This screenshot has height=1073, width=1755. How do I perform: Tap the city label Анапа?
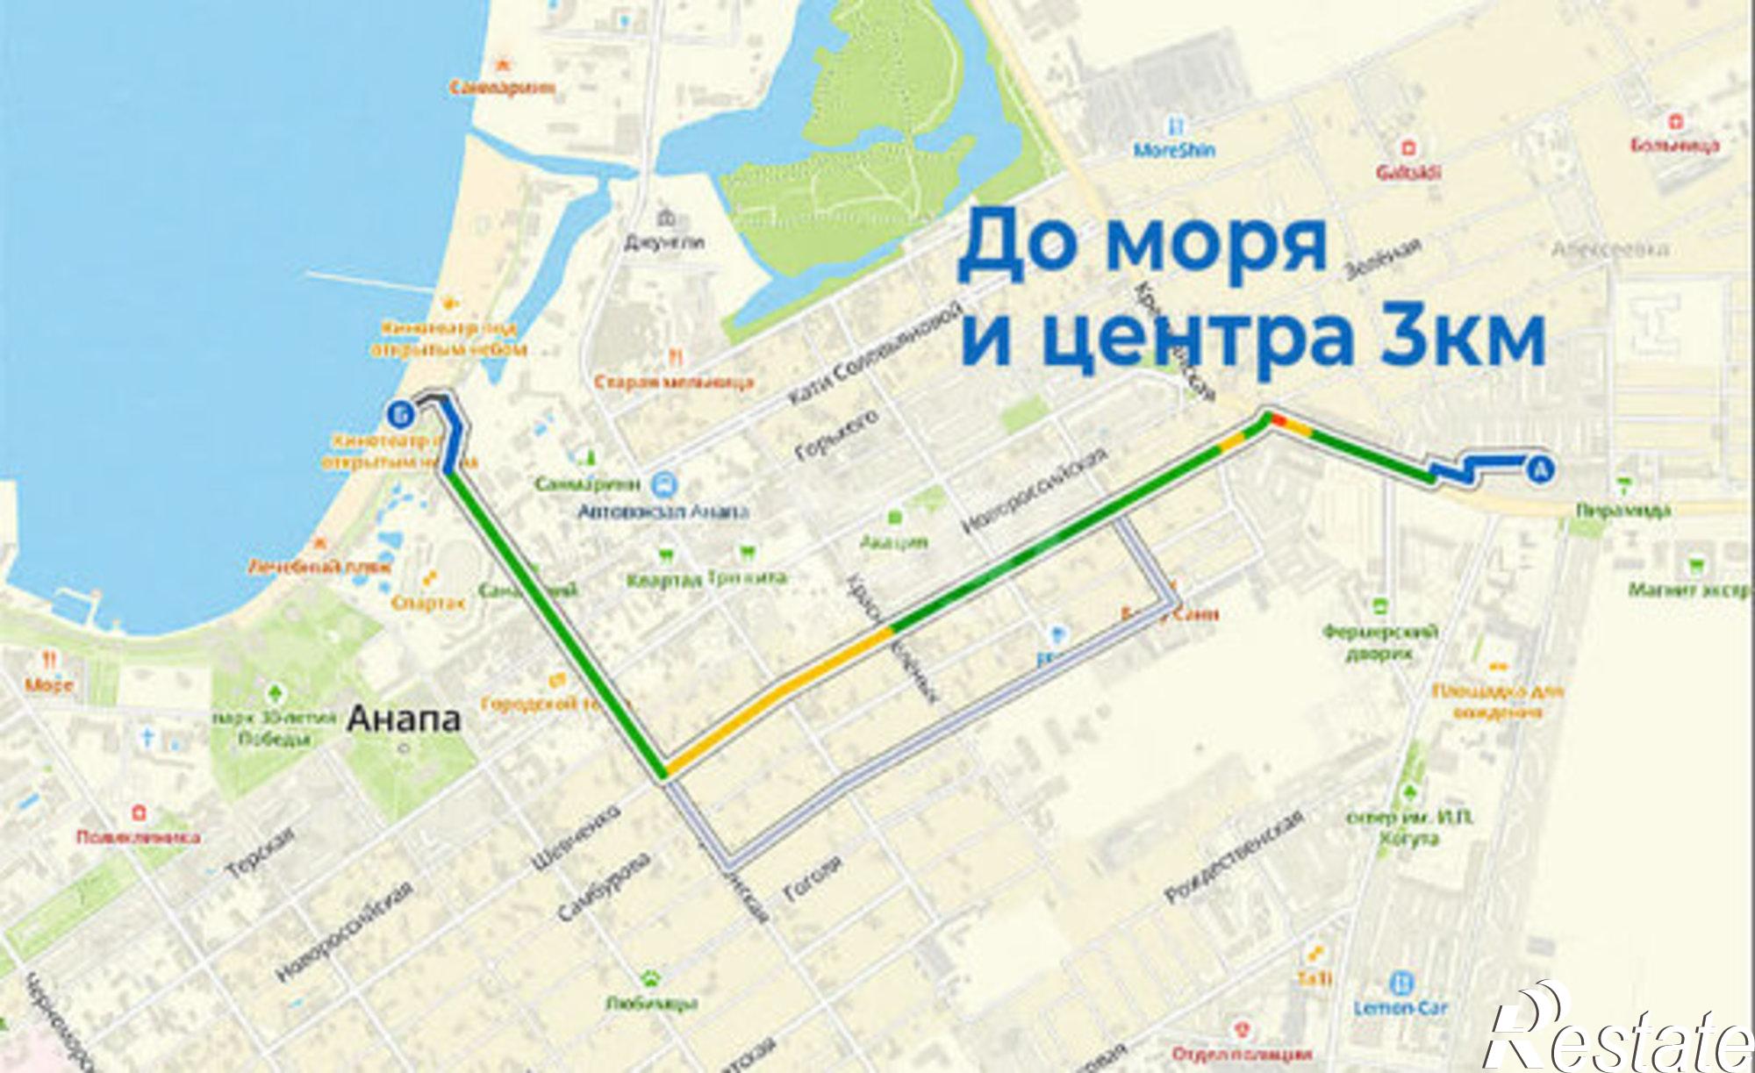[x=404, y=719]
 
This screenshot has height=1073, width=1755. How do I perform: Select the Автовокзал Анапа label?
[x=663, y=511]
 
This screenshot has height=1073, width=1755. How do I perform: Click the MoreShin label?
[x=1174, y=150]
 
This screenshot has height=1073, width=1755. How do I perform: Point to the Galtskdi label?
[x=1408, y=172]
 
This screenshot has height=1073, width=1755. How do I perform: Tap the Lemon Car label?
[x=1400, y=1007]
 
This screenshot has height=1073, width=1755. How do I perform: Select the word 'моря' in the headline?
[x=1215, y=243]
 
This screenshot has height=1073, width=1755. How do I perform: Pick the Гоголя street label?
[x=812, y=878]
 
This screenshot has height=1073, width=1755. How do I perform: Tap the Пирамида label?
[x=1623, y=510]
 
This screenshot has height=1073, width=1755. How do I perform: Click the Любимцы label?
[x=651, y=1003]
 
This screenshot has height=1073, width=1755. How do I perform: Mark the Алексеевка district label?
[x=1610, y=250]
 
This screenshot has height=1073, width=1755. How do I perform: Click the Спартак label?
[x=428, y=602]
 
